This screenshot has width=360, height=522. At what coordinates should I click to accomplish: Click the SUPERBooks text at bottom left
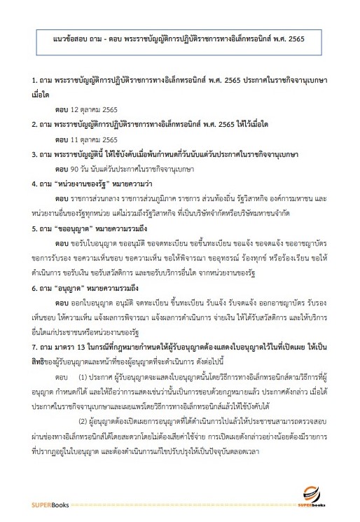(48, 504)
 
